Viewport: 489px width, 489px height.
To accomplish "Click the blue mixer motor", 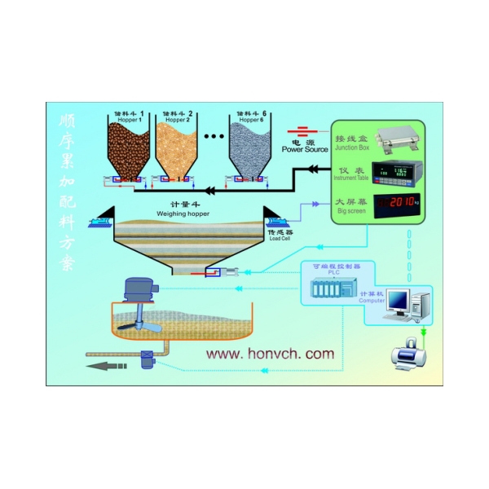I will (x=138, y=286).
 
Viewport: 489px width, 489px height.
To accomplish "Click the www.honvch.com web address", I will (x=268, y=354).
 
